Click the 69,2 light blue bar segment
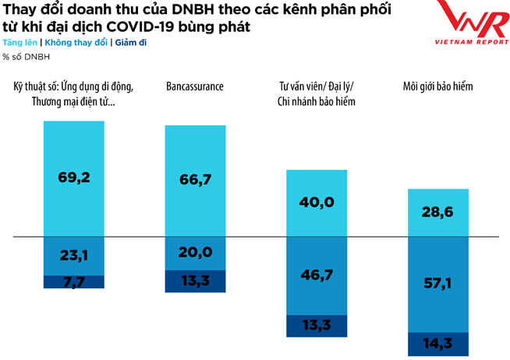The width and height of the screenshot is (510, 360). point(74,178)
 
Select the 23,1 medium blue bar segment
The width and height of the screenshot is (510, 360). point(74,255)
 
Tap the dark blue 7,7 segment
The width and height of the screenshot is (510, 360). point(74,282)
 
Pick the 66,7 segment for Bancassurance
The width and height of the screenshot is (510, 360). point(195,180)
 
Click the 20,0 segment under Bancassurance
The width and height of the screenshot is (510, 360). point(195,252)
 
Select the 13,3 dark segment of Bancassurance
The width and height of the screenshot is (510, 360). point(195,281)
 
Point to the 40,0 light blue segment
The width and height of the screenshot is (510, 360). point(317,202)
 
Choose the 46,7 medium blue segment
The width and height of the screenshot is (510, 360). point(317,275)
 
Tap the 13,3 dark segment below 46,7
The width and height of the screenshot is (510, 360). point(317,326)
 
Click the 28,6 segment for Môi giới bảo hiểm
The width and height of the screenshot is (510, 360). point(438,211)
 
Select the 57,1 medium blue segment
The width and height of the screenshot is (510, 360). point(438,284)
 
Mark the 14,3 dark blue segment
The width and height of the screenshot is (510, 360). point(438,344)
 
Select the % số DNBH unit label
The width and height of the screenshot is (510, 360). point(23,56)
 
